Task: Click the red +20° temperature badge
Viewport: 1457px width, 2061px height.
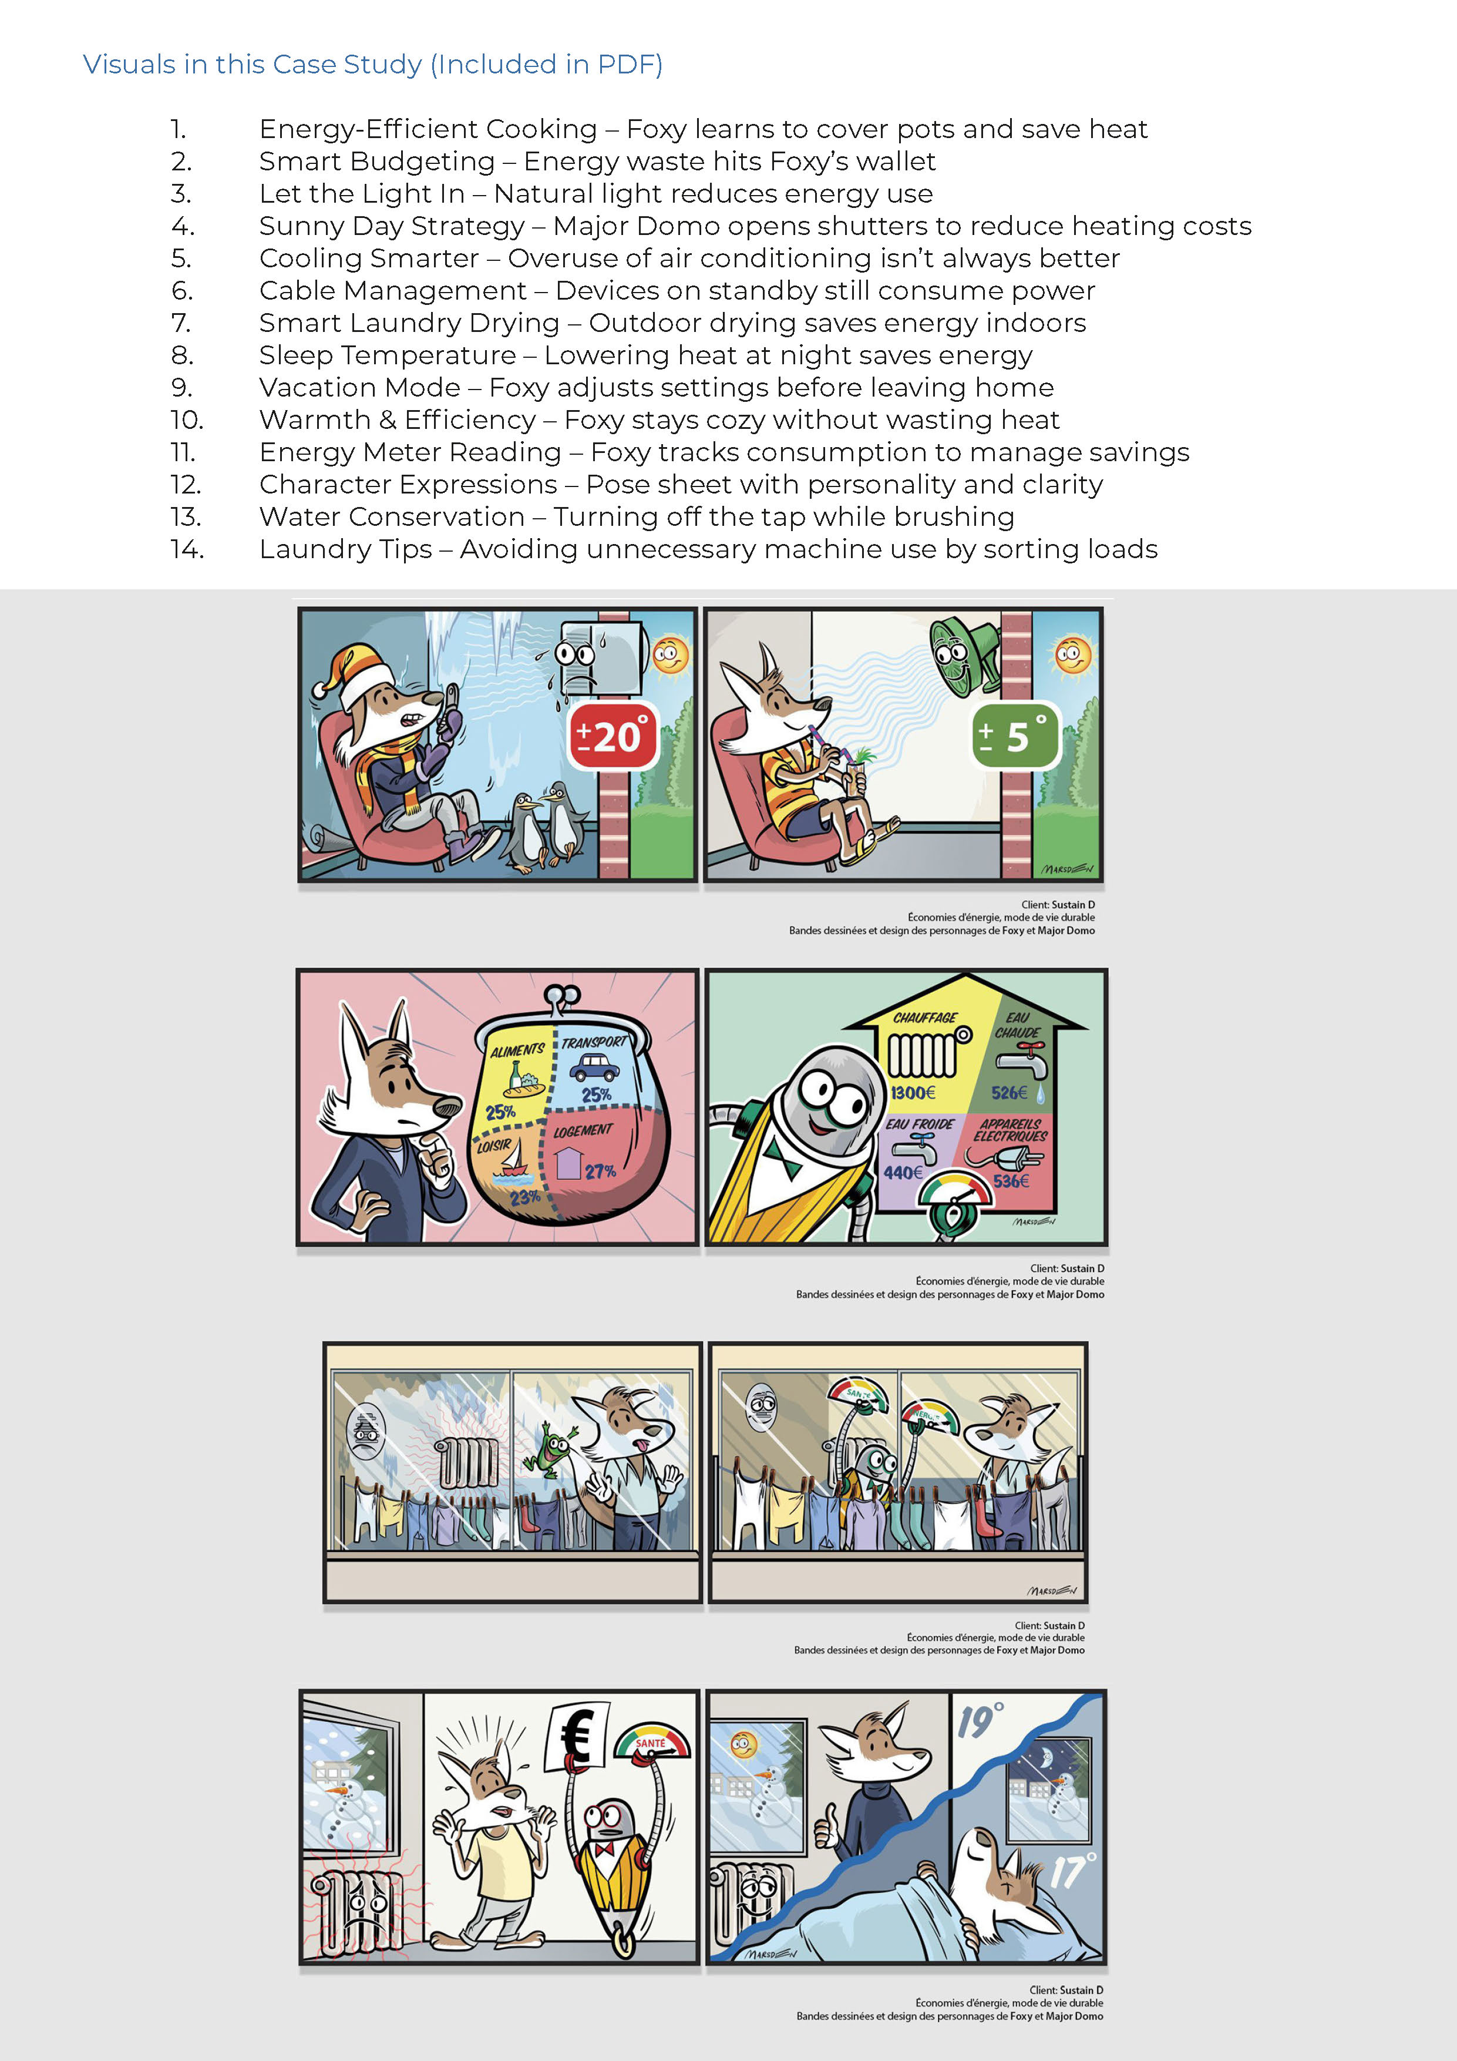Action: point(614,736)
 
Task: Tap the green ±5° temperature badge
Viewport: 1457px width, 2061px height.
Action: point(1015,736)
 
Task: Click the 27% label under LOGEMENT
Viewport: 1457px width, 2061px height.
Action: point(600,1172)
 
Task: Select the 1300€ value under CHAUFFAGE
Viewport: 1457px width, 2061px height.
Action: point(913,1092)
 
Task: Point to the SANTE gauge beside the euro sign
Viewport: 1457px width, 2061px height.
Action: point(652,1741)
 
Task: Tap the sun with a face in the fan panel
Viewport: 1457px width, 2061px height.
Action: point(1072,654)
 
